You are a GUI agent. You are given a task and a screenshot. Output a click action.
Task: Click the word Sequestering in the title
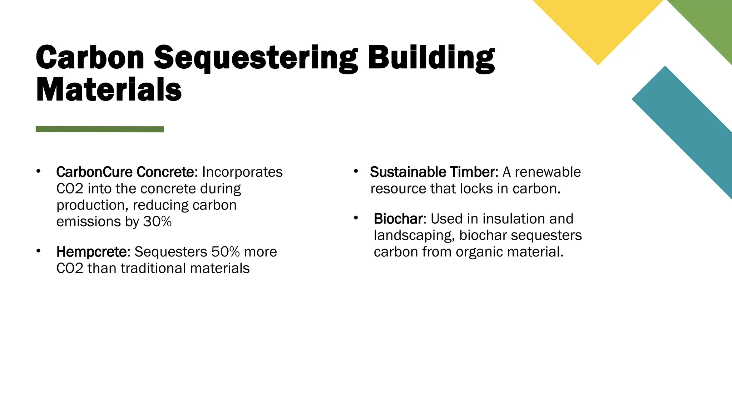click(255, 58)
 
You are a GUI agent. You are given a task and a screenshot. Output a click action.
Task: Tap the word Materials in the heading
click(109, 90)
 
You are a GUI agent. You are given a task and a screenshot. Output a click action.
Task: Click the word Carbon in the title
click(90, 58)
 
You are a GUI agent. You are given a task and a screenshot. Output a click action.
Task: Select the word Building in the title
click(431, 58)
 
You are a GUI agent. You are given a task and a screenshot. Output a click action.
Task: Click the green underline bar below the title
click(99, 129)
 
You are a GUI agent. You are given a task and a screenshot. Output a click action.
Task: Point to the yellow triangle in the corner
click(598, 25)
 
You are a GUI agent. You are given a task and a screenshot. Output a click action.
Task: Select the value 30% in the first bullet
click(157, 222)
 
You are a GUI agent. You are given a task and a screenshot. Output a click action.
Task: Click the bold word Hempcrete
click(91, 252)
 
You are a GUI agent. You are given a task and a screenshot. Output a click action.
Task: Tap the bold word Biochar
click(398, 219)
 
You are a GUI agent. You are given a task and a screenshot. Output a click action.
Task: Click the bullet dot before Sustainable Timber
click(356, 171)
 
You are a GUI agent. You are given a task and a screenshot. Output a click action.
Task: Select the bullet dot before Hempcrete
click(38, 251)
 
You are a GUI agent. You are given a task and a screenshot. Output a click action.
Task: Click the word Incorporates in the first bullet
click(242, 172)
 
